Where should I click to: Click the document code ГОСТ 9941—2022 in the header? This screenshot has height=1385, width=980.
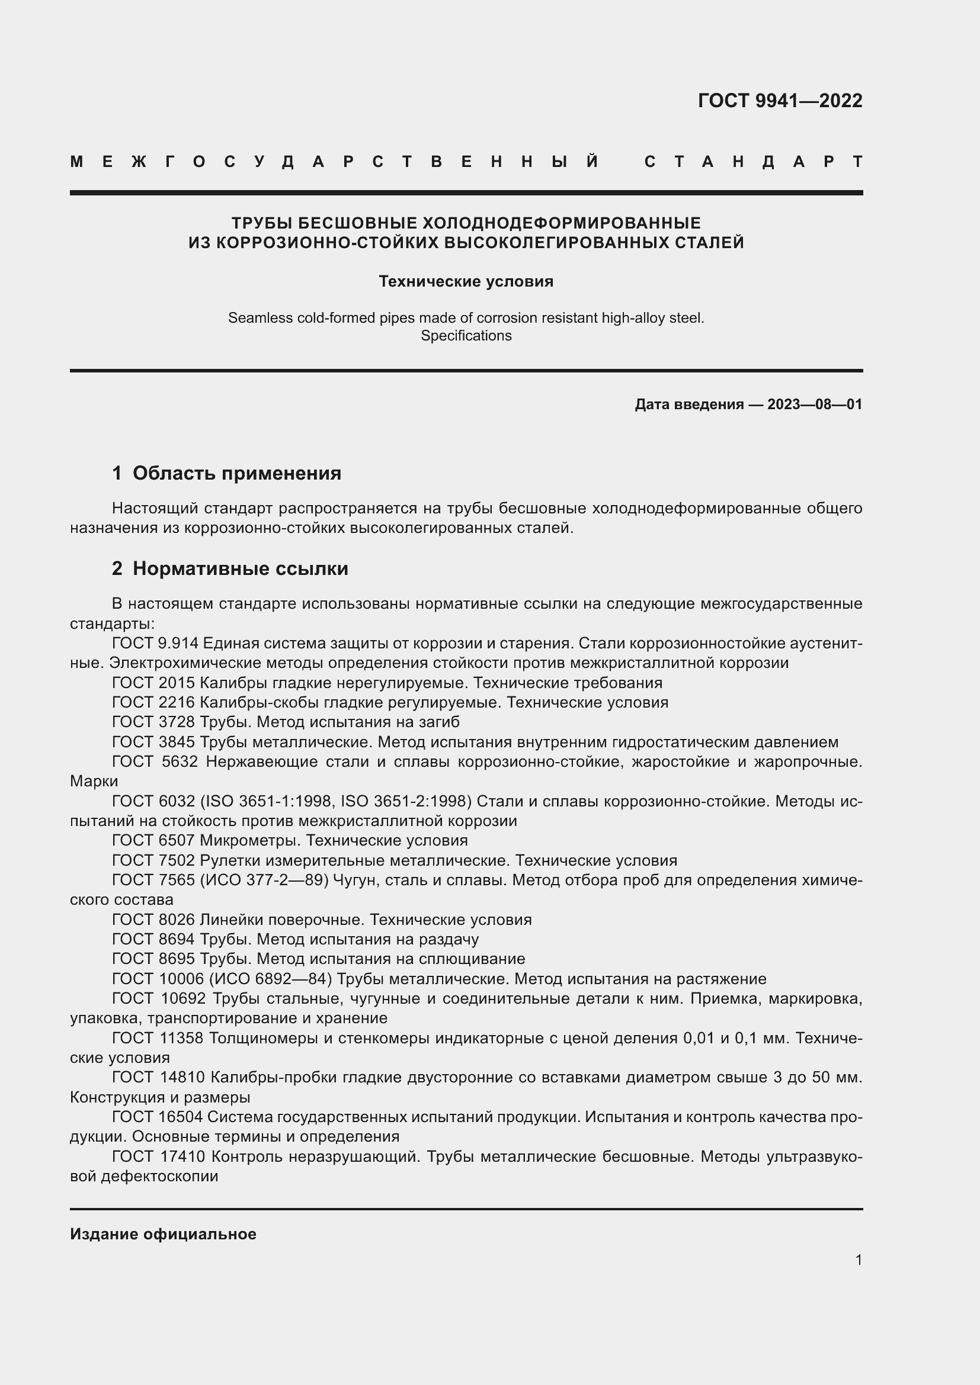click(x=780, y=101)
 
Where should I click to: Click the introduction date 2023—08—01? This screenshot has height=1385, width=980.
click(x=814, y=405)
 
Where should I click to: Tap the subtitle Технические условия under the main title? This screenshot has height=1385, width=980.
click(x=466, y=282)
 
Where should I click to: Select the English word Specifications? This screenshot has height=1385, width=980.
click(x=466, y=336)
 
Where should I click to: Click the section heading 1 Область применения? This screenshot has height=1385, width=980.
click(x=227, y=474)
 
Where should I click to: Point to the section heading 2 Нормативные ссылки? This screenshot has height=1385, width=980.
click(x=230, y=569)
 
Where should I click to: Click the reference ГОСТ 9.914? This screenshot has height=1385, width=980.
click(x=155, y=644)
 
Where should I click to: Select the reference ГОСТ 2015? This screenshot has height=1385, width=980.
click(x=153, y=683)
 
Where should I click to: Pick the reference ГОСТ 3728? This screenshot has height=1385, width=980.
click(x=153, y=722)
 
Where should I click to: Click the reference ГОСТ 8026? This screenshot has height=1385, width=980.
click(x=153, y=920)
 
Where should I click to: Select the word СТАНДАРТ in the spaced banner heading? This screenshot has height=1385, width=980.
click(x=753, y=162)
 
